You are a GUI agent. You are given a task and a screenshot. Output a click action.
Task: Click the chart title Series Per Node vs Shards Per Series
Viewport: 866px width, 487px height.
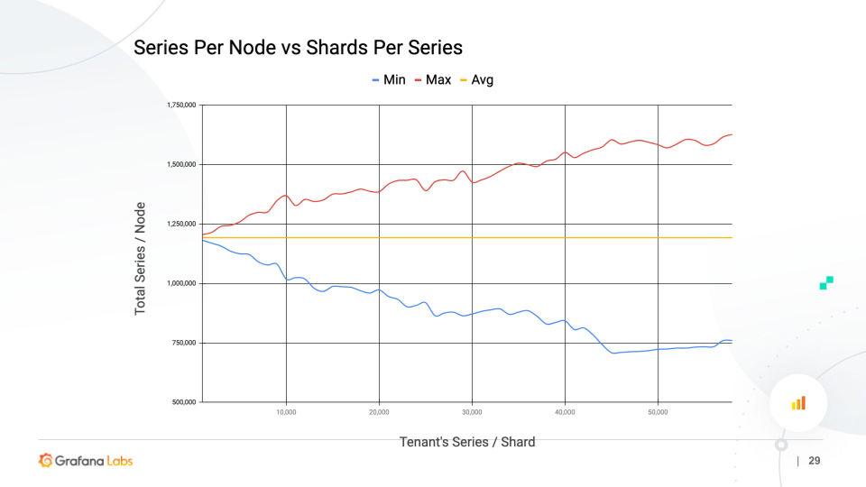tap(298, 48)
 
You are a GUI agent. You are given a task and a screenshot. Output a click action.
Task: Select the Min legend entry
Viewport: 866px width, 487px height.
tap(390, 79)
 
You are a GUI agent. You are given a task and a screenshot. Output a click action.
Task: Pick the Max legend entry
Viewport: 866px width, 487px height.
tap(433, 79)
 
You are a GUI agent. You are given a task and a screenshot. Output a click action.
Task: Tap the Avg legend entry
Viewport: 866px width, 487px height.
tap(477, 79)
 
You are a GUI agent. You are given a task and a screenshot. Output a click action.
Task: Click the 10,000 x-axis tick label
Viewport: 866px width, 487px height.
tap(286, 412)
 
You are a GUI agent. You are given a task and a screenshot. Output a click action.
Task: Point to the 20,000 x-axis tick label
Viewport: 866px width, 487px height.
tap(379, 412)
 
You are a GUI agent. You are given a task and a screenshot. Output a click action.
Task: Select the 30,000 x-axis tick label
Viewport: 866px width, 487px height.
tap(472, 412)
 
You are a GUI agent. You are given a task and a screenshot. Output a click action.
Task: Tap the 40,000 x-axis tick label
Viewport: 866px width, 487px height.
tap(565, 412)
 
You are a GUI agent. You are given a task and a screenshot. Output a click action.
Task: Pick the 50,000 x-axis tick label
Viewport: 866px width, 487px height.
tap(658, 412)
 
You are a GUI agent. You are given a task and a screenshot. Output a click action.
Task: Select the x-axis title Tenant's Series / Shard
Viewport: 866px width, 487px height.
tap(467, 442)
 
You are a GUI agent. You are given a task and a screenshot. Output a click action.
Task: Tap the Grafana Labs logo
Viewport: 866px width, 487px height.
tap(86, 461)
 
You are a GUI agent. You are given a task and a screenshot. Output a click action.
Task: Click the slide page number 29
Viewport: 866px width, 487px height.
tap(815, 461)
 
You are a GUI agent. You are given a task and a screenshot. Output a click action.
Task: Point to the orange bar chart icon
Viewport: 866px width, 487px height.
tap(798, 403)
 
